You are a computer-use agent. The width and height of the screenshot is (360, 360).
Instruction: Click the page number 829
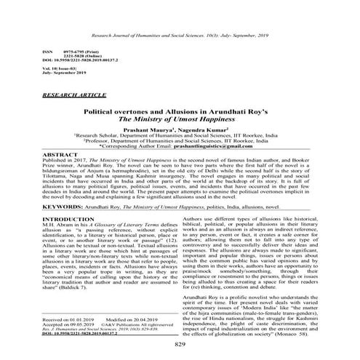[x=180, y=344]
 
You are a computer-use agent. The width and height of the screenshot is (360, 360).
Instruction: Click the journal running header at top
[x=180, y=35]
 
